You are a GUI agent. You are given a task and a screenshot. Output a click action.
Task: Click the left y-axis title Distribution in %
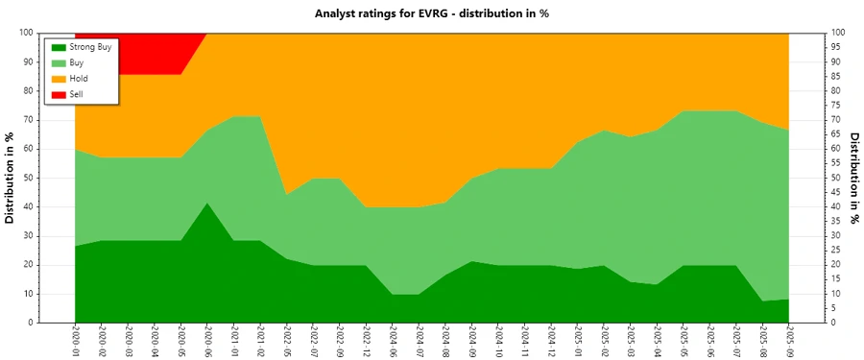click(x=11, y=178)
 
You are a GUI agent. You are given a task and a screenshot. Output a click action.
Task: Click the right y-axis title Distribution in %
click(x=854, y=178)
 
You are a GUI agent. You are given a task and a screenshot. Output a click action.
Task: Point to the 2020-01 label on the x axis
click(x=75, y=341)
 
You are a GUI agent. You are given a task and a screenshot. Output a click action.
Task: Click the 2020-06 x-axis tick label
click(x=207, y=341)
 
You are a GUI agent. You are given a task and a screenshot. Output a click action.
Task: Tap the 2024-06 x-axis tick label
click(x=393, y=341)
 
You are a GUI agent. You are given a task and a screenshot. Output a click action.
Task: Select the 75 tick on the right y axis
click(x=835, y=105)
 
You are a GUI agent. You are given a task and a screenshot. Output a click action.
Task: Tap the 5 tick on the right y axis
click(x=833, y=308)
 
